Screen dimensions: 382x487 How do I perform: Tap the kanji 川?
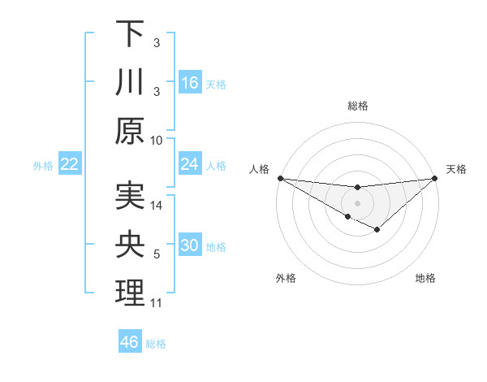coord(130,82)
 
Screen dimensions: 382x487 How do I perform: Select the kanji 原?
coord(130,130)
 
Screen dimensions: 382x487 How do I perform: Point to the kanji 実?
coord(130,196)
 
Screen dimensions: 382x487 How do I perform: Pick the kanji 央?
coord(130,245)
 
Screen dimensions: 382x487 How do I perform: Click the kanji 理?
coord(130,293)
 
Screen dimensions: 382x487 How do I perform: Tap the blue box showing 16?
coord(190,83)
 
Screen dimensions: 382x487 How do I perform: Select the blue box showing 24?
coord(190,164)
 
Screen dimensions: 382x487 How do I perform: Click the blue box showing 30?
coord(190,245)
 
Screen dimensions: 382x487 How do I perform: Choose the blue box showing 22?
coord(69,164)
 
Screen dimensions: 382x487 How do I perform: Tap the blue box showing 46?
coord(130,342)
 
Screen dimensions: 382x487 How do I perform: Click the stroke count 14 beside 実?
coord(157,206)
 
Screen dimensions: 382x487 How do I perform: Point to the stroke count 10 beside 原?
coord(157,140)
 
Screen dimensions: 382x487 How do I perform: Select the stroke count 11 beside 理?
coord(157,303)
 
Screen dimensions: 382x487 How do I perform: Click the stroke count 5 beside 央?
coord(157,254)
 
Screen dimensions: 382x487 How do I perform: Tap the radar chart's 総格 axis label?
coord(358,106)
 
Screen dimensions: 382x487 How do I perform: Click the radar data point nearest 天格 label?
coord(435,178)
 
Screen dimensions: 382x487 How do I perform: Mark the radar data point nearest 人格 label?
coord(280,178)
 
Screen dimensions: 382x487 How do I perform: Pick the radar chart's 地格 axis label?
coord(425,279)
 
